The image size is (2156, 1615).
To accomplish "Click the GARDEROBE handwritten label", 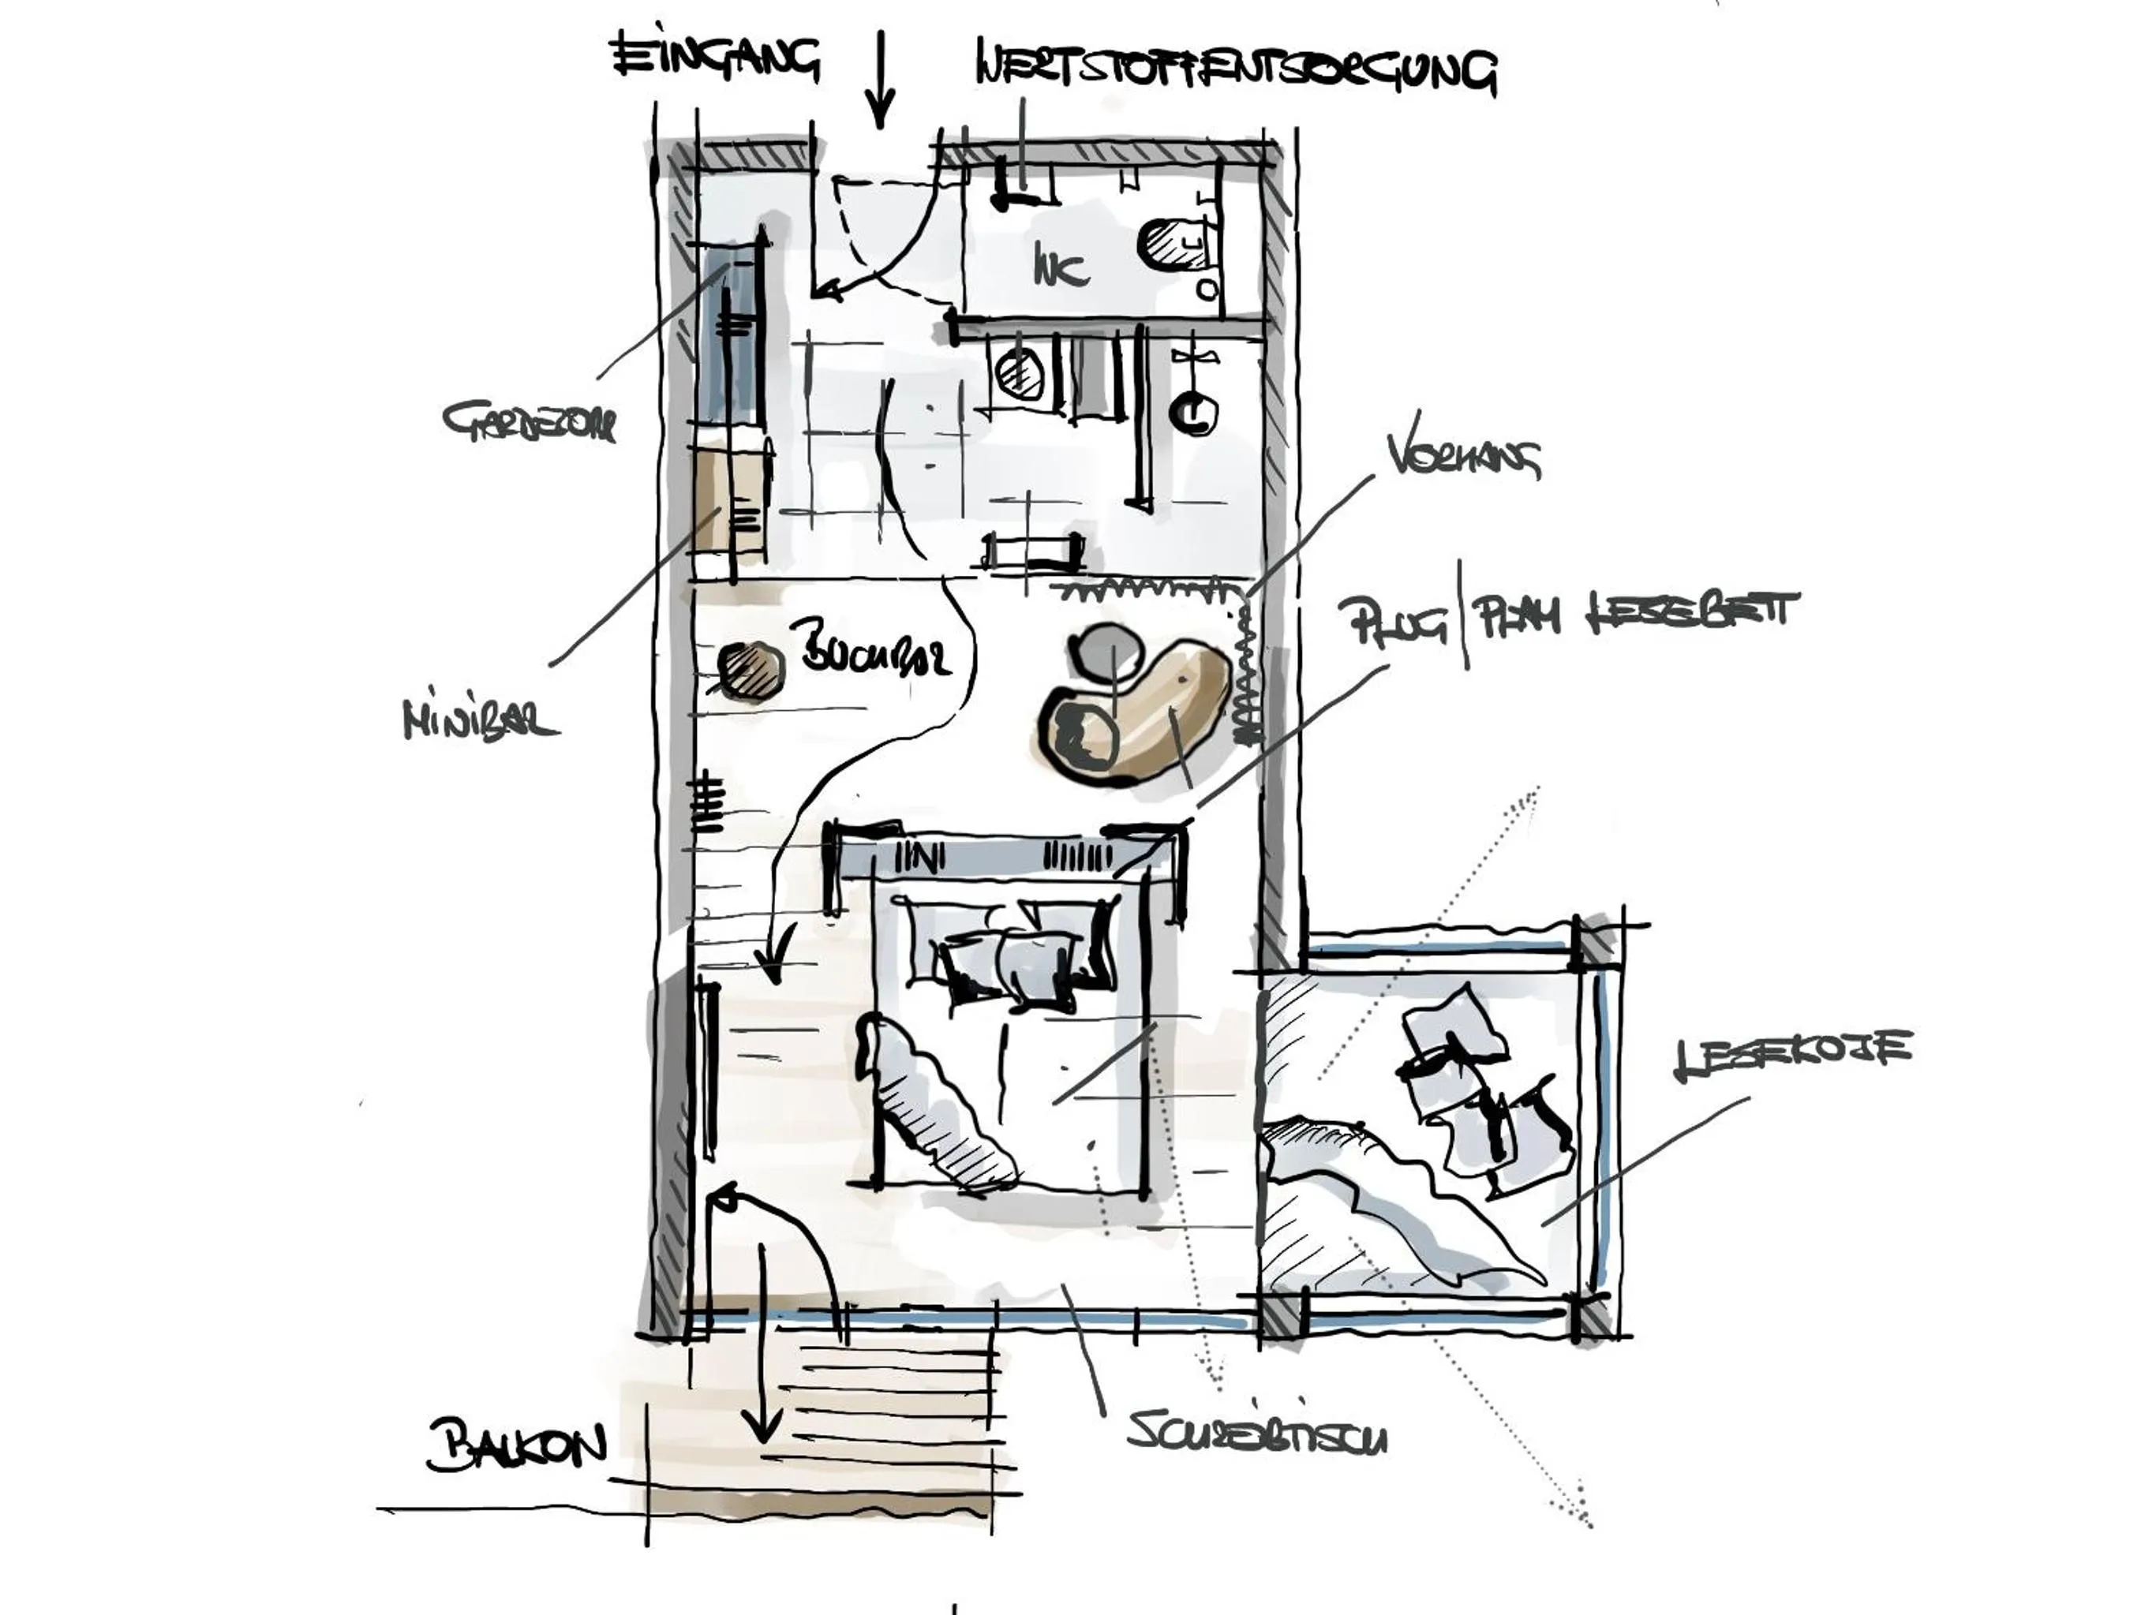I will tap(530, 423).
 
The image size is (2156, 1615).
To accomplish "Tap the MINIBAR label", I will tap(481, 721).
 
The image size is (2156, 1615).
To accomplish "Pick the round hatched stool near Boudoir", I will tap(750, 670).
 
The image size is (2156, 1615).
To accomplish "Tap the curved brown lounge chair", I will tap(1136, 716).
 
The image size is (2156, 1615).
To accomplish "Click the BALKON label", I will tap(515, 1445).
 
